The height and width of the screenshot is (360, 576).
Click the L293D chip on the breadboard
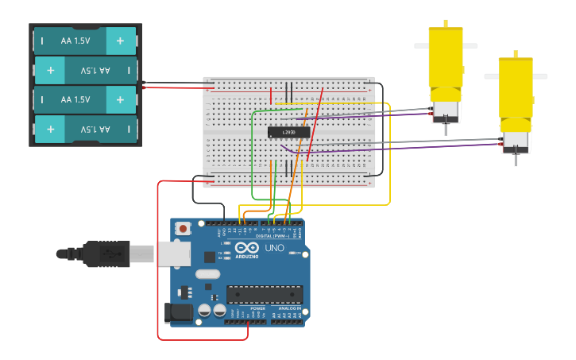coord(288,132)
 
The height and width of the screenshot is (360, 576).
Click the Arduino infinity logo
coord(246,250)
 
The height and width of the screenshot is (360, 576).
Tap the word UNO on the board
coord(274,249)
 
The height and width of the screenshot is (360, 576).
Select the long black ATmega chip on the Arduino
coord(264,294)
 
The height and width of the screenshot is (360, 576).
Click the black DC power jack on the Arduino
coord(179,312)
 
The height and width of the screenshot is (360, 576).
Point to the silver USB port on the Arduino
coord(174,254)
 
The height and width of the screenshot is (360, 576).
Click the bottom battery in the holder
coord(85,129)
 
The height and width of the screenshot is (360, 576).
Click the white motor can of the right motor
coord(516,141)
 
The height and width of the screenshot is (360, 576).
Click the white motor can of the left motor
coord(445,111)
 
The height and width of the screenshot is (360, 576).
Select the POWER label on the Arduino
coord(247,308)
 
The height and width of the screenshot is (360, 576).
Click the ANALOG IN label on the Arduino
coord(288,308)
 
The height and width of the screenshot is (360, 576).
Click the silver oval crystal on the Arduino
coord(207,274)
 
